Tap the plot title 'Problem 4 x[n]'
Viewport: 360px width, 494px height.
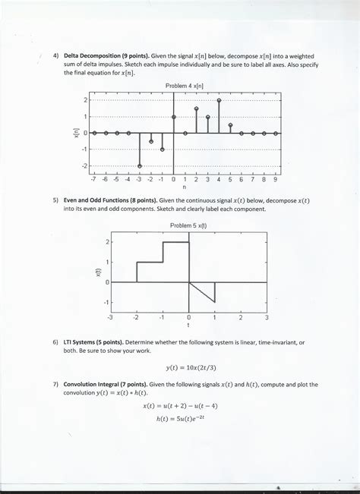[x=185, y=87]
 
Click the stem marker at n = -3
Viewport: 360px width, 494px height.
[x=140, y=165]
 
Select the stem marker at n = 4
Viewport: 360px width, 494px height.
[x=219, y=100]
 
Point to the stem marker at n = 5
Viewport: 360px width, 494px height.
[x=230, y=124]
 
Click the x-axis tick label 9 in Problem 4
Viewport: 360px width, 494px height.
[x=275, y=181]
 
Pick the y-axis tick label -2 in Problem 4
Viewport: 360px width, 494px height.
[x=84, y=165]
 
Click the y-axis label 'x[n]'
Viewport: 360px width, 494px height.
[x=74, y=133]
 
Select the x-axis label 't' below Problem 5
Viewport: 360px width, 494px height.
[x=188, y=327]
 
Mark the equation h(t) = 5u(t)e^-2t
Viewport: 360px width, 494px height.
[x=187, y=420]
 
